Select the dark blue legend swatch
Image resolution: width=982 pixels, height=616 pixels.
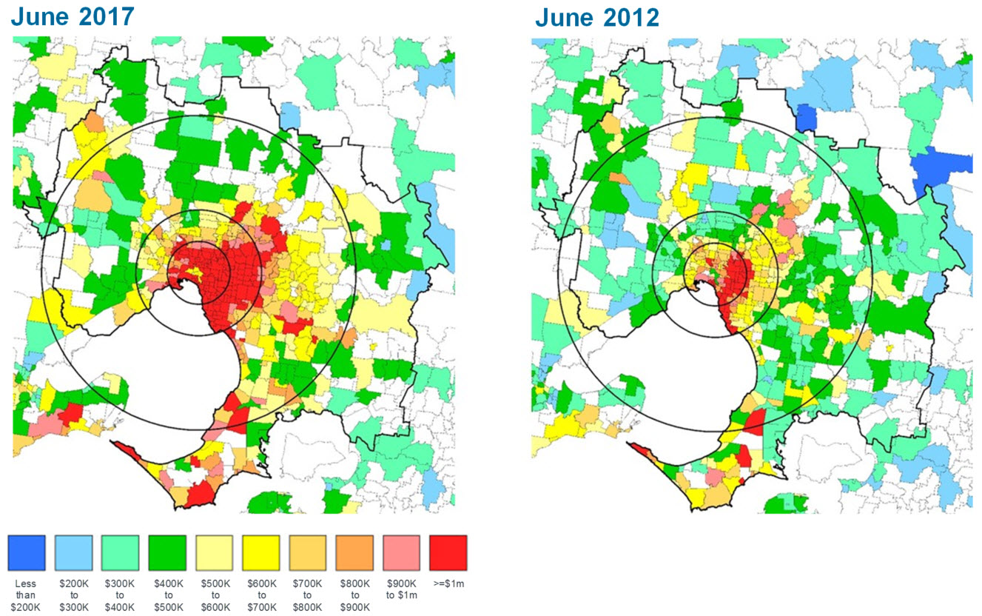point(27,552)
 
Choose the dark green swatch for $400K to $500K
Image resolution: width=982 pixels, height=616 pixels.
point(167,552)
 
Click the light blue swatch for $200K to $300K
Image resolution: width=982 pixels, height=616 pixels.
point(73,552)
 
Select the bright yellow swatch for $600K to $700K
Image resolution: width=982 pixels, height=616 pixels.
point(261,552)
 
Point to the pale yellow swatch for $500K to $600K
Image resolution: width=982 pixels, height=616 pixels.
point(214,552)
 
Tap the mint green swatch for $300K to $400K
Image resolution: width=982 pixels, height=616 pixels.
point(120,552)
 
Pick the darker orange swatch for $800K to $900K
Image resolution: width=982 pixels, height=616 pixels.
point(354,552)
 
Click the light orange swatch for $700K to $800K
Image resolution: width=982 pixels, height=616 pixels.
point(308,552)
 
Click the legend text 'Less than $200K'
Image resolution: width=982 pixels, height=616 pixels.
point(26,594)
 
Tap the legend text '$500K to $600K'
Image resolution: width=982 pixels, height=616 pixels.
point(214,594)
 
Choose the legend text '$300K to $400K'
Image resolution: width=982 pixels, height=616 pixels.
point(120,594)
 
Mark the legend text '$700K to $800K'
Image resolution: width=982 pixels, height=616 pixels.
point(308,594)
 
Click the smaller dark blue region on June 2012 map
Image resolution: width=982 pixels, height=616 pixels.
point(806,118)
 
